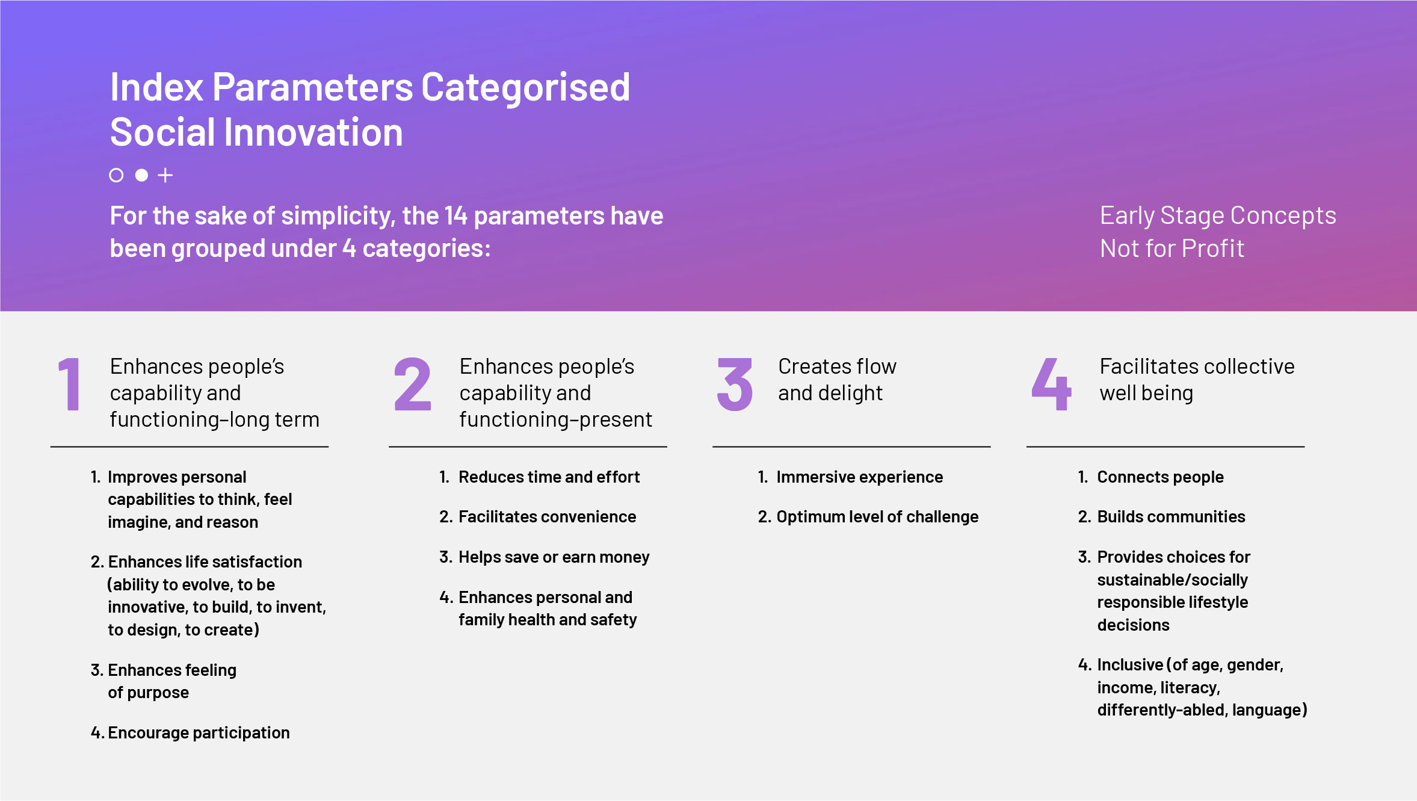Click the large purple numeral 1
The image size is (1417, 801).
pos(70,384)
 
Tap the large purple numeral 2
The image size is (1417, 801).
pos(413,384)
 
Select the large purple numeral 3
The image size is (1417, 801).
pos(735,385)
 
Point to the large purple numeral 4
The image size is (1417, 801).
pos(1051,384)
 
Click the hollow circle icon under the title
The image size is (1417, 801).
pos(116,175)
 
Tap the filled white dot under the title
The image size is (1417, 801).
pos(141,175)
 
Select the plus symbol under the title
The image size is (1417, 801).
pos(165,175)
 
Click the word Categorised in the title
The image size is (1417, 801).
pos(525,87)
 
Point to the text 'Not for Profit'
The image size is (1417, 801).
pos(1172,249)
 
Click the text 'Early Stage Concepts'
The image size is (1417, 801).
pos(1218,215)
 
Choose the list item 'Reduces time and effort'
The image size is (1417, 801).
pos(539,477)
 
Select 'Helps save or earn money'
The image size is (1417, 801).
pos(544,557)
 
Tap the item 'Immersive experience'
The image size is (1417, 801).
pos(850,477)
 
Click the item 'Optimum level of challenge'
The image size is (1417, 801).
pos(868,517)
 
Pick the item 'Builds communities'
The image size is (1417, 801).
pos(1161,517)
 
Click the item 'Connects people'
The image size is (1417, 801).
pos(1150,477)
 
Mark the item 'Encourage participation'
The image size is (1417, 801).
pos(190,733)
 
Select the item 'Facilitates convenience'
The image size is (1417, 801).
pos(537,517)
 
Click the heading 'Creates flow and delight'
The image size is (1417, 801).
pos(837,380)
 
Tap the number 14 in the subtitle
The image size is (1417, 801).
pos(456,216)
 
